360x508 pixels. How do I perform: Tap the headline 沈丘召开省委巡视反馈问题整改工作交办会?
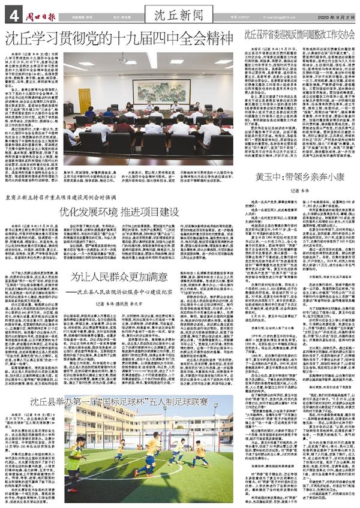pyautogui.click(x=299, y=35)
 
